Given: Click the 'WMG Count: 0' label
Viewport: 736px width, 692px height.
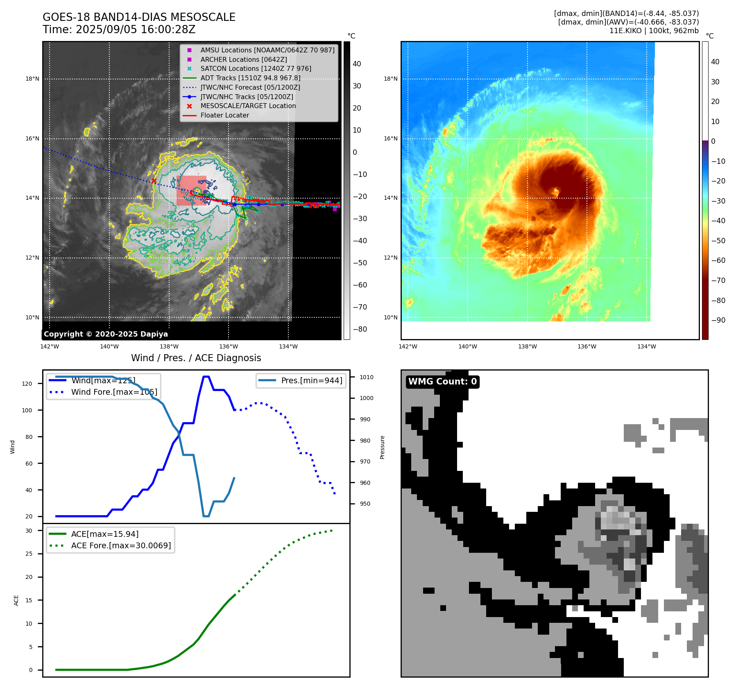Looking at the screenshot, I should point(442,382).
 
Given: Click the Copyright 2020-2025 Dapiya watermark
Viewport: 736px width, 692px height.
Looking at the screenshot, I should point(106,334).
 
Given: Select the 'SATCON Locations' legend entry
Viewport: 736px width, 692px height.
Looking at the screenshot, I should point(256,69).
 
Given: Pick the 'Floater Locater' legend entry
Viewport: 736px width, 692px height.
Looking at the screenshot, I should point(224,115).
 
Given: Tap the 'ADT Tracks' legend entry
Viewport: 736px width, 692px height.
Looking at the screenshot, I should point(250,78).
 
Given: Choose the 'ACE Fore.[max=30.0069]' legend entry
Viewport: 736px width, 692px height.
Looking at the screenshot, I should point(121,546).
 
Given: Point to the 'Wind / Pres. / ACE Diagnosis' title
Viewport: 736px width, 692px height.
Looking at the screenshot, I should point(196,358).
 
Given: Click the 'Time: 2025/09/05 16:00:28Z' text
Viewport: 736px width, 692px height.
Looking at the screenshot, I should point(119,30).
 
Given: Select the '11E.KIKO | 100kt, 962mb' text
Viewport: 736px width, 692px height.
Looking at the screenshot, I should point(654,31).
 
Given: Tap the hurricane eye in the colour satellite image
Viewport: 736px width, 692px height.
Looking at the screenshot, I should point(556,191).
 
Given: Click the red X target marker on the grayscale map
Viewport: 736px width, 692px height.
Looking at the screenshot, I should point(154,181).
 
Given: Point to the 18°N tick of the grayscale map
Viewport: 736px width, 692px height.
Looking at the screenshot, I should point(32,79).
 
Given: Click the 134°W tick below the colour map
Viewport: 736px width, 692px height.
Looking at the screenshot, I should point(646,347).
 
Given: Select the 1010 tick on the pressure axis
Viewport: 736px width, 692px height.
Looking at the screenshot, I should point(366,377).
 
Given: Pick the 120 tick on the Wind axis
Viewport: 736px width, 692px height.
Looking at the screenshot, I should point(27,384).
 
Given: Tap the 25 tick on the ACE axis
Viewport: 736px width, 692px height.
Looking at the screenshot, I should point(29,554).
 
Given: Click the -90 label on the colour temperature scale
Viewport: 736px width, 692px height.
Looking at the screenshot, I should point(718,320).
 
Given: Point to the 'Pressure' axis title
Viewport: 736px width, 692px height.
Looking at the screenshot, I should point(382,447).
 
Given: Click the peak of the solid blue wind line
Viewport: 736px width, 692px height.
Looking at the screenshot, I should point(206,377).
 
